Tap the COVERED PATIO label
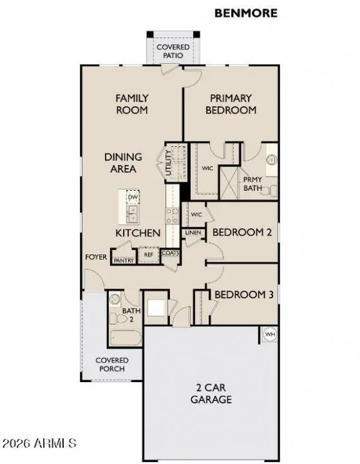pos(172,52)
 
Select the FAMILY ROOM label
pos(131,104)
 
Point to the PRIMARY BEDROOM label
pos(231,104)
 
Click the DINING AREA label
pos(123,162)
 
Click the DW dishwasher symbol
pos(133,197)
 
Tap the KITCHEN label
pos(138,233)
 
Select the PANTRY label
pos(123,260)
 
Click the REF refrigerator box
pos(148,255)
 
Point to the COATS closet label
pos(170,253)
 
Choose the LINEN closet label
pos(192,233)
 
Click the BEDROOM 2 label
pos(242,232)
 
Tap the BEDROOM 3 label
pos(243,295)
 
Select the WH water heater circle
pos(269,334)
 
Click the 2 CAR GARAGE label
pos(211,393)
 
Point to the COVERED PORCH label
pos(112,365)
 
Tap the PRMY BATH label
pos(252,184)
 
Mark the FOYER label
pos(95,256)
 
